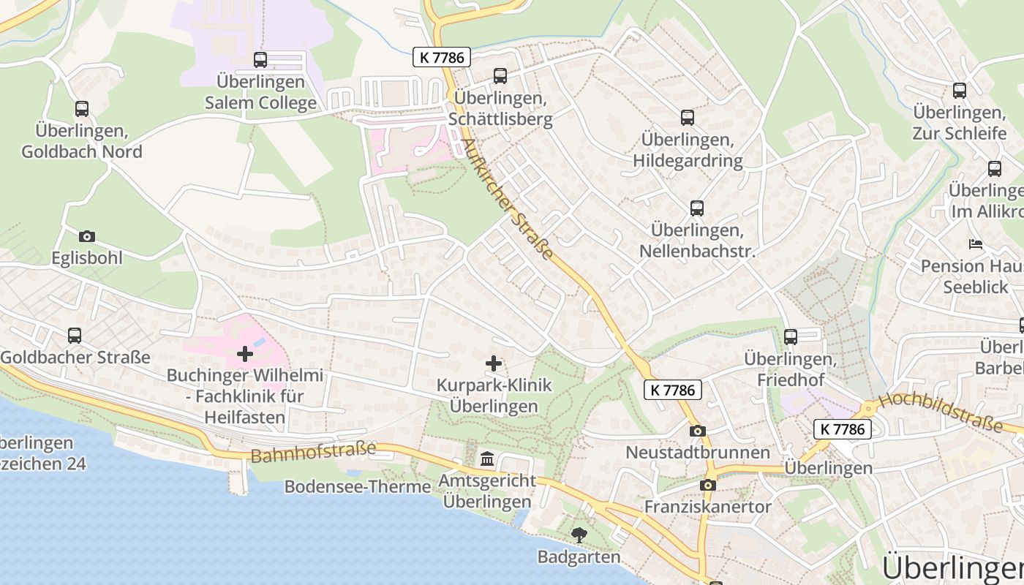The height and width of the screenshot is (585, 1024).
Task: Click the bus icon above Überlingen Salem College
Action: (260, 60)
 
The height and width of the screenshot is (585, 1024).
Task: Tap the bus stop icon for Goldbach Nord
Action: (82, 109)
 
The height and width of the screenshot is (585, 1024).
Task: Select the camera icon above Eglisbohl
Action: (87, 236)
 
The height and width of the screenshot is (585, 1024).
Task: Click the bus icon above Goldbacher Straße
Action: (75, 336)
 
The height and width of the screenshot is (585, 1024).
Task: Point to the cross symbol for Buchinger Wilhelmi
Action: (245, 355)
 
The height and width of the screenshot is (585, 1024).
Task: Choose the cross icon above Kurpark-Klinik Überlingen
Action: (494, 363)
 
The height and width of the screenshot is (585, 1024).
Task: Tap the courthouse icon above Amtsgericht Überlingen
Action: (487, 459)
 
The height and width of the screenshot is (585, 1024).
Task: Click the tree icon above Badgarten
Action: (579, 535)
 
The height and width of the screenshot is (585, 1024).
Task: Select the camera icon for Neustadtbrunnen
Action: (698, 431)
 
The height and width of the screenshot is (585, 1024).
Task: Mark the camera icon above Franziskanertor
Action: (707, 485)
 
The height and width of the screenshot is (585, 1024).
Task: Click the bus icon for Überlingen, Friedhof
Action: (791, 337)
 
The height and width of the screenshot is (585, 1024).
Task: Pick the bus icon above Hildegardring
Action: (688, 118)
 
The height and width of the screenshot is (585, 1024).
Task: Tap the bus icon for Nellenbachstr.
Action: (697, 208)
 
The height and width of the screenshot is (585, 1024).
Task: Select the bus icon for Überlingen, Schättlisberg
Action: (500, 75)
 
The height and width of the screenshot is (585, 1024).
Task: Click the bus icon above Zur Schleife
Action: (960, 91)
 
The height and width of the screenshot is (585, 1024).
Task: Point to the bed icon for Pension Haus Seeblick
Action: (976, 244)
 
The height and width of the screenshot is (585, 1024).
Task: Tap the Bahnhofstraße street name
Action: (313, 452)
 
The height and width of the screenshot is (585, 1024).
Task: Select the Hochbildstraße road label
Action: (940, 411)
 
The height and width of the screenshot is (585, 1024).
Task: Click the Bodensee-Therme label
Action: (358, 486)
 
